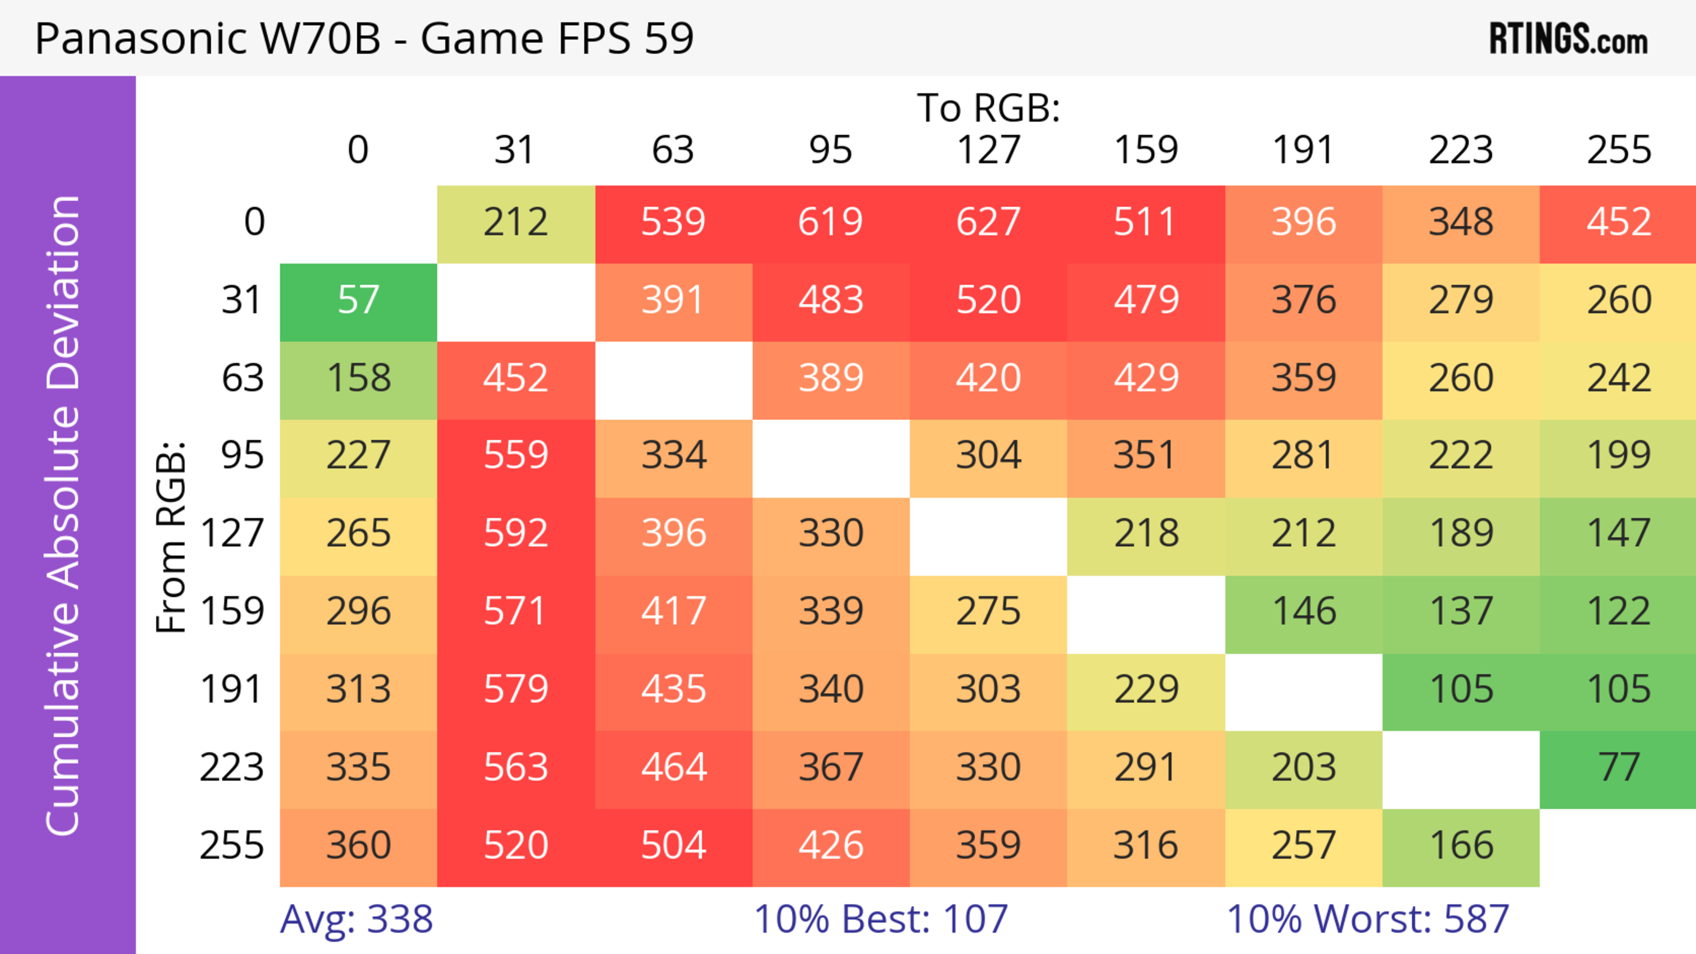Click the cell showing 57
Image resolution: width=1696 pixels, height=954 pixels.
358,300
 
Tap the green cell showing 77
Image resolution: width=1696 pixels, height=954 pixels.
1618,767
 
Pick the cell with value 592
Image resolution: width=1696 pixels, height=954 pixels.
515,533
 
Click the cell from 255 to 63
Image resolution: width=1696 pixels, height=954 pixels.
674,845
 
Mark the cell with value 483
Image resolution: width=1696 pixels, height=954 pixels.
831,300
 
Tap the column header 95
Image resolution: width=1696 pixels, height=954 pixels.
831,150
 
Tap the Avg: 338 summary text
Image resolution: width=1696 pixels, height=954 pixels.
356,919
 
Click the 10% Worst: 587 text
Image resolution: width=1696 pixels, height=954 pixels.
1367,919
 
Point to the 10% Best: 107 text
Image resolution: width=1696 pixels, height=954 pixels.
880,919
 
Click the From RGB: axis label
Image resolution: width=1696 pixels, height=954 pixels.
171,536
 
